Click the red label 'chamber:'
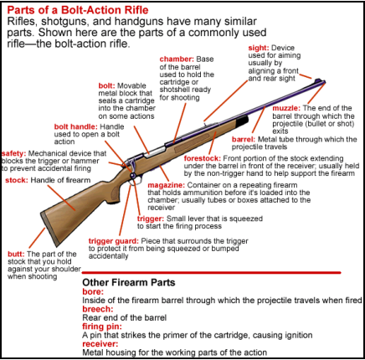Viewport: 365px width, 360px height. (177, 59)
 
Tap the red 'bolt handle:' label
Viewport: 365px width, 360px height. (75, 126)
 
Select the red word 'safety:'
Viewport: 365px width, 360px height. (13, 153)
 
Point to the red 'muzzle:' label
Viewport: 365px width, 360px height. (286, 108)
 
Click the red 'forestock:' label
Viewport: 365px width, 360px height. (203, 158)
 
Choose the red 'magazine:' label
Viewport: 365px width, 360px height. (166, 185)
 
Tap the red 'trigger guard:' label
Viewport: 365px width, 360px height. (113, 241)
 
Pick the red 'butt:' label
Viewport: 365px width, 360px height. (16, 255)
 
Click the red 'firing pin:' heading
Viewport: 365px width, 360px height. (100, 327)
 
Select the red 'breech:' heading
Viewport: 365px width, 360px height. (98, 309)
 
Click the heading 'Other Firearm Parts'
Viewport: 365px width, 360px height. (129, 282)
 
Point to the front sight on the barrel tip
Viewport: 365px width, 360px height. (318, 80)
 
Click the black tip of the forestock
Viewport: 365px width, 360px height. (242, 121)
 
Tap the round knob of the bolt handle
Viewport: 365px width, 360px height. (133, 175)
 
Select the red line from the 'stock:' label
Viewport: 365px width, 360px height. (62, 198)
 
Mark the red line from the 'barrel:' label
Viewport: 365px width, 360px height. (259, 119)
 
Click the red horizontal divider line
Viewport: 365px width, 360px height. (211, 272)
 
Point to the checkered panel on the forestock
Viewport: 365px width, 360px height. (193, 142)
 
